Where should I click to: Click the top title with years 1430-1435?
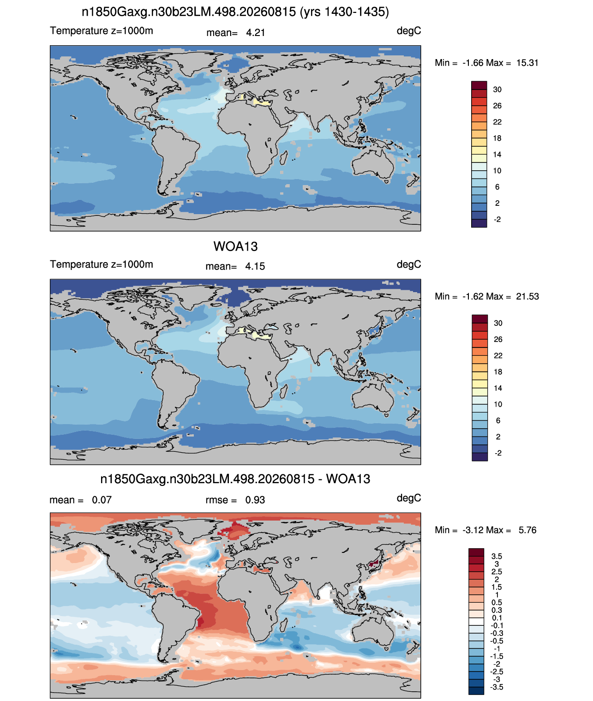point(235,12)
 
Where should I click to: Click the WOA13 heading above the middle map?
point(235,246)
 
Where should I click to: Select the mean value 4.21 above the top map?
point(255,33)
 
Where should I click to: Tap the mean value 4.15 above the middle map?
point(255,266)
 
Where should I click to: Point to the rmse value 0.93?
point(255,500)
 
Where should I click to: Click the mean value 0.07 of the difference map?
point(102,500)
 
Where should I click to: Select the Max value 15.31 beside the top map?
point(527,63)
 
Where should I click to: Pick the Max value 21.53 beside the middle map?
point(527,296)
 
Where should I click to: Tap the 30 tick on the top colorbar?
point(497,90)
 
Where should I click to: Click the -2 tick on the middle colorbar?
point(498,453)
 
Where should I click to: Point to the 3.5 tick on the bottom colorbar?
point(497,556)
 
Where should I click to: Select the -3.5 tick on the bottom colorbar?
point(497,688)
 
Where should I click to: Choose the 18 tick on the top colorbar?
point(497,138)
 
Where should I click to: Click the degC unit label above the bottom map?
point(408,498)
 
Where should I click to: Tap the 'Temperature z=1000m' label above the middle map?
point(102,264)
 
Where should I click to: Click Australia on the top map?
point(373,164)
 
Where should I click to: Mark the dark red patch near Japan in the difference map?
point(374,563)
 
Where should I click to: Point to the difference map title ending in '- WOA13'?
point(235,479)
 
